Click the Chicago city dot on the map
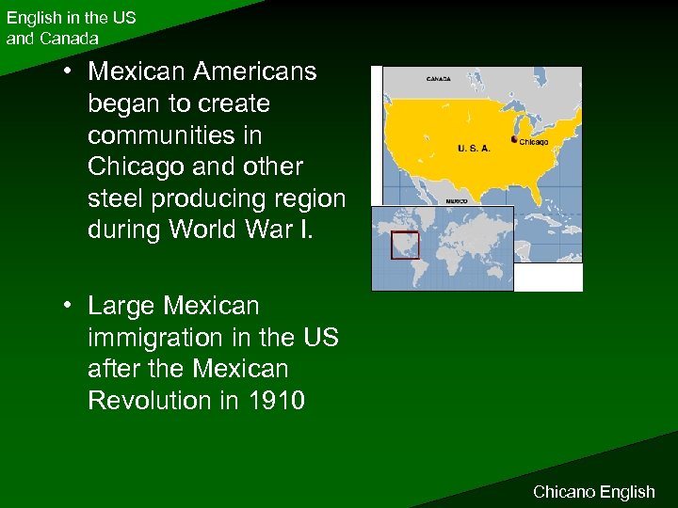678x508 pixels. pos(514,139)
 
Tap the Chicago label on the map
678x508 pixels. pos(534,142)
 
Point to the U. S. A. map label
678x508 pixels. pos(473,149)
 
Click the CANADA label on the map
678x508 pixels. pos(439,79)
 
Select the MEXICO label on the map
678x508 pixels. pos(456,200)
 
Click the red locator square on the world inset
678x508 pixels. pos(405,245)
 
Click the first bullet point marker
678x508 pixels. pos(70,72)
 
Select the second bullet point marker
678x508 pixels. pos(70,306)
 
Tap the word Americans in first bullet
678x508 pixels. pos(254,71)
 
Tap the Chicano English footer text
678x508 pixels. pos(593,491)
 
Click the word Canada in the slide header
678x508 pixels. pos(67,39)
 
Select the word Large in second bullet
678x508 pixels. pos(121,306)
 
